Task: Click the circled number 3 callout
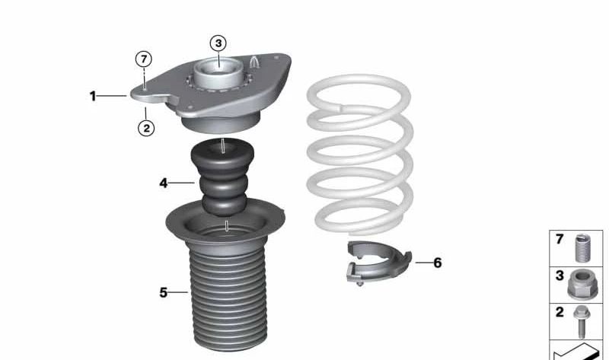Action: (218, 43)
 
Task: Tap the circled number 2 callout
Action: (145, 128)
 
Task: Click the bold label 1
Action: (93, 96)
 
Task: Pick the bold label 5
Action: (163, 292)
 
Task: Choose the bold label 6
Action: (437, 263)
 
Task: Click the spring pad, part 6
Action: (377, 263)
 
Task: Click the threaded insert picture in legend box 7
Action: (585, 247)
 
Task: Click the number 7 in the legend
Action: (560, 240)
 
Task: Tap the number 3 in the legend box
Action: (560, 276)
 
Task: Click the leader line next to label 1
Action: (113, 96)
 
